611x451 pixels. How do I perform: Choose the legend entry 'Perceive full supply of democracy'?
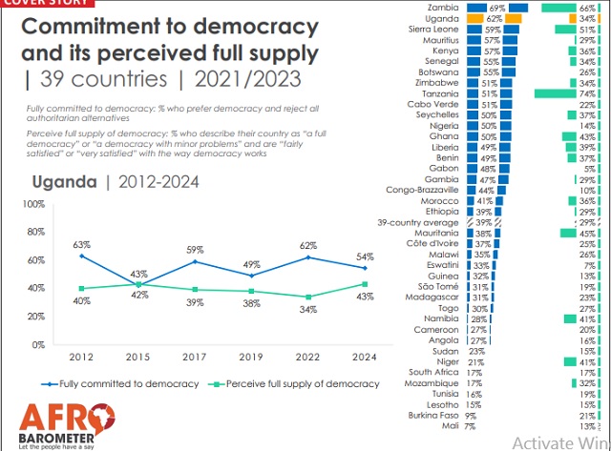point(305,383)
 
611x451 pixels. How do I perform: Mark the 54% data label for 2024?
point(367,256)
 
